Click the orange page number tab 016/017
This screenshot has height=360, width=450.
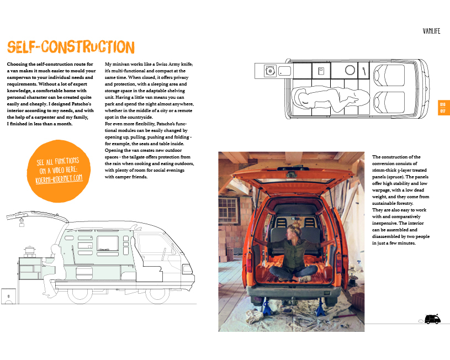tap(443, 108)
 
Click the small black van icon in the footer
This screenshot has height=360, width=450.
tap(432, 319)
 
